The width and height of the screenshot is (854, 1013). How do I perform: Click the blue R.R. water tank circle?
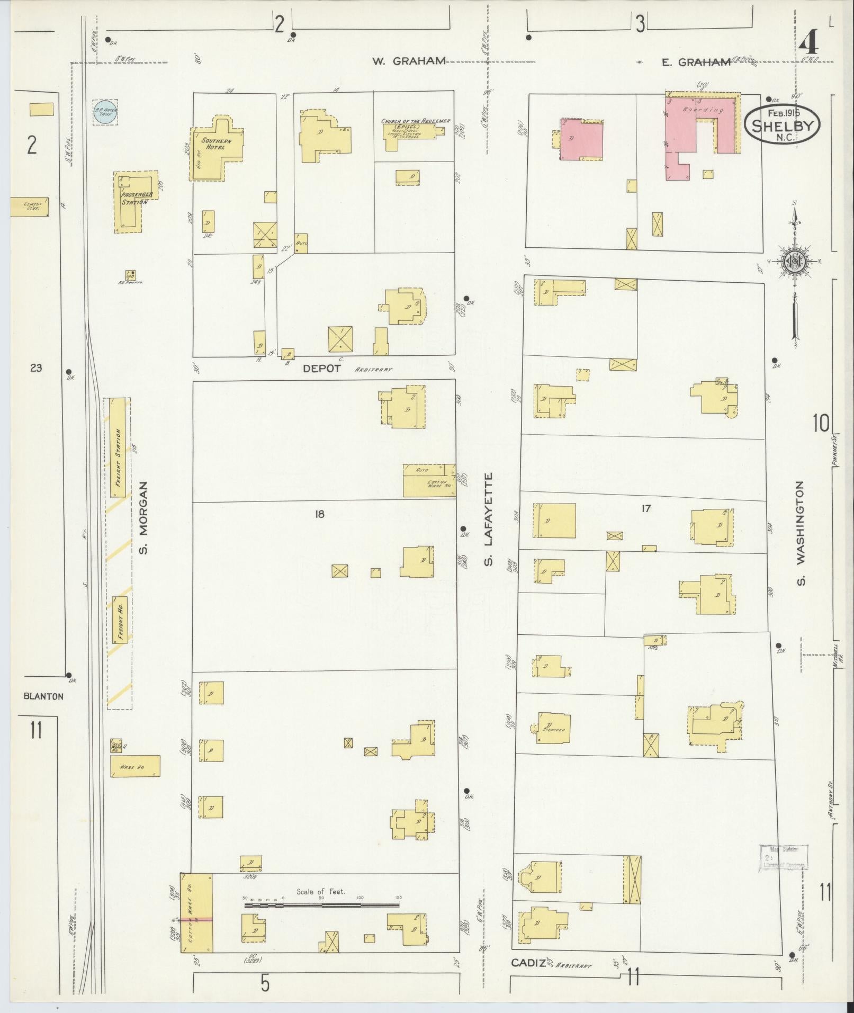(x=105, y=112)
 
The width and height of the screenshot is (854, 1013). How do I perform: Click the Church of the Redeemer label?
(x=416, y=121)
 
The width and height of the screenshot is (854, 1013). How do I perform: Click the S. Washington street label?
(x=801, y=533)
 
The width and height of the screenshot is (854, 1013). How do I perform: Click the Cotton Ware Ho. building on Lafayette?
(x=429, y=480)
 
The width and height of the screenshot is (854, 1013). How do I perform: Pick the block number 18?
(x=319, y=513)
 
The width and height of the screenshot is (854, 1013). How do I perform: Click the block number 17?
(x=645, y=509)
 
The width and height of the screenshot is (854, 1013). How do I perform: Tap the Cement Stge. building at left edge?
(x=30, y=207)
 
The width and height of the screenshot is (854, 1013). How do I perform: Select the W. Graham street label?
(x=408, y=61)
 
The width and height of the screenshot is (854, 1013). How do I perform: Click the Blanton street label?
(x=43, y=696)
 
